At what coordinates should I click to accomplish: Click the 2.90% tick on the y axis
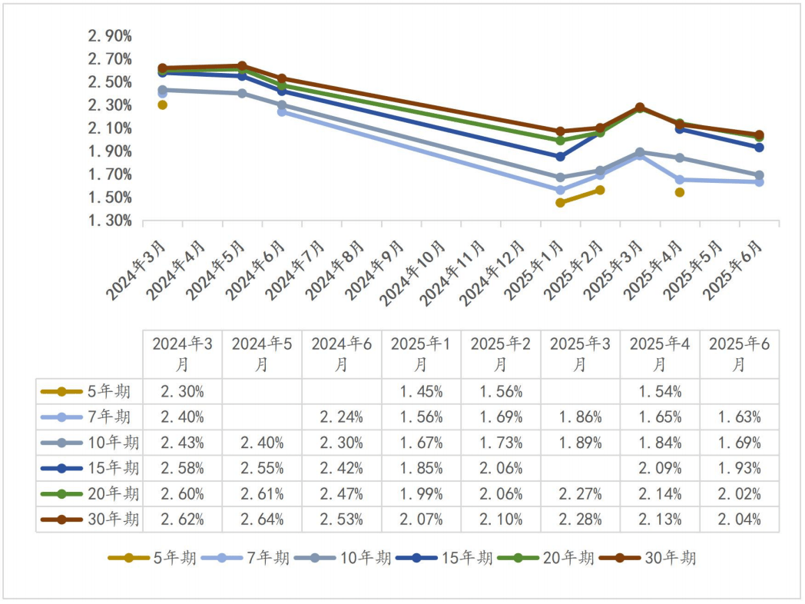pos(110,36)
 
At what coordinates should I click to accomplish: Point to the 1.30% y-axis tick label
pos(110,221)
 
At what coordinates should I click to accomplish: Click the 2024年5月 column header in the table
pos(262,354)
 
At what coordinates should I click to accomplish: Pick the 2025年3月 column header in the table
pos(580,354)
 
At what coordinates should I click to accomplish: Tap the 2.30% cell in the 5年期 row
pos(182,391)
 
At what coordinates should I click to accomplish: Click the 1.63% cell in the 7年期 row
pos(739,417)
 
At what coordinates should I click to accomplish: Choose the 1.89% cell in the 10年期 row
pos(580,443)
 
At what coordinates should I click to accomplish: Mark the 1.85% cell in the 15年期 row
pos(421,468)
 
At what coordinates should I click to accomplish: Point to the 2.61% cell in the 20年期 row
pos(262,493)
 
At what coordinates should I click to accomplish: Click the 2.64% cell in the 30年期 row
pos(262,519)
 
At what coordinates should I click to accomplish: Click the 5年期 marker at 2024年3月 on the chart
pos(162,105)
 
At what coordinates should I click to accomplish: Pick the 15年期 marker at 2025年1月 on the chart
pos(560,157)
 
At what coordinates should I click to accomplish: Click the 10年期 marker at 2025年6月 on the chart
pos(759,175)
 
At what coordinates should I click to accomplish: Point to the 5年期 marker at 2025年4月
pos(679,192)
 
